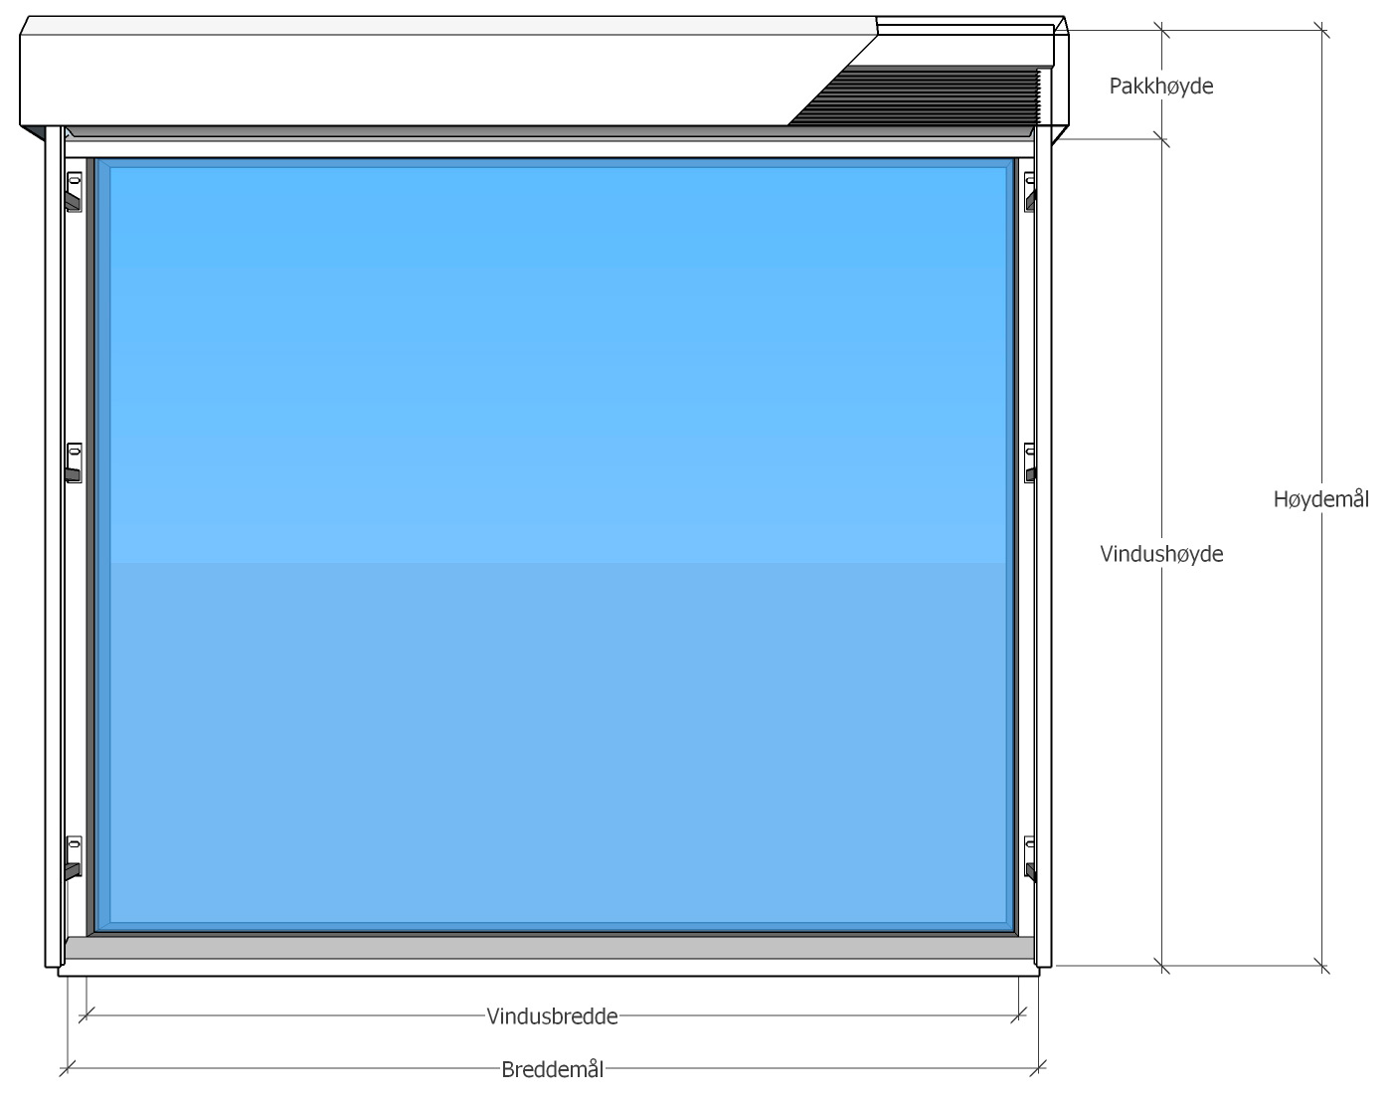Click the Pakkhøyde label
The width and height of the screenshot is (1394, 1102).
point(1160,87)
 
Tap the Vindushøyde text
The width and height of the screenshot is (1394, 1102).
point(1161,554)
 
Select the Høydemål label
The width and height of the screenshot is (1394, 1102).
point(1321,499)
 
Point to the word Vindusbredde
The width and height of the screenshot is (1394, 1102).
point(552,1016)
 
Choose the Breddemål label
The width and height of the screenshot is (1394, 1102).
point(553,1069)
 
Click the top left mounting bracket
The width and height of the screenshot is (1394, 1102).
point(74,192)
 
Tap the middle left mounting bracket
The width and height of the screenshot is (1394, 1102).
point(74,462)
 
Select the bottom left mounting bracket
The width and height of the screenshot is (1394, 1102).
point(74,858)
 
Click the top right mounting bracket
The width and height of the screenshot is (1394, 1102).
point(1029,192)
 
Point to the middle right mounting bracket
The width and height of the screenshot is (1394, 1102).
point(1029,462)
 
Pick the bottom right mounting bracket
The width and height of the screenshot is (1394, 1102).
point(1029,858)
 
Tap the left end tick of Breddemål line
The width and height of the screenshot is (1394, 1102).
point(68,1068)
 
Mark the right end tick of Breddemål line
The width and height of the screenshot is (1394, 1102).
point(1038,1068)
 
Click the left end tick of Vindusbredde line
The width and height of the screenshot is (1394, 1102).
point(87,1015)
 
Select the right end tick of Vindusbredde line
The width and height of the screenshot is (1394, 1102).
point(1018,1015)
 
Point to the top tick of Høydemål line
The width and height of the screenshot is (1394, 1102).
point(1321,30)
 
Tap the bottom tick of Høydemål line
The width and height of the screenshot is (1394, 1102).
point(1321,966)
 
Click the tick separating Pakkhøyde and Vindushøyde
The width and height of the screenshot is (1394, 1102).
point(1161,138)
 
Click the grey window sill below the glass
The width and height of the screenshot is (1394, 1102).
point(549,947)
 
